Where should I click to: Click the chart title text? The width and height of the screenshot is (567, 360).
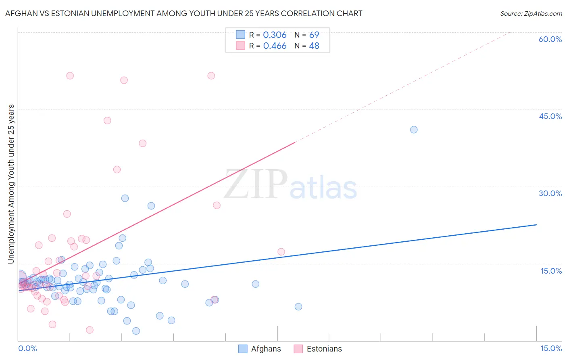[x=183, y=13]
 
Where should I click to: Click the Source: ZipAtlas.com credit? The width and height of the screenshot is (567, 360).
[x=531, y=13]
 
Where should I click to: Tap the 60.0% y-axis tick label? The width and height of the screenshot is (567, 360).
[x=550, y=39]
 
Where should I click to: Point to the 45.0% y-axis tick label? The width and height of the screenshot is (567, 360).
[x=550, y=116]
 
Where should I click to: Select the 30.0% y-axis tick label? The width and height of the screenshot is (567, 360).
[x=550, y=193]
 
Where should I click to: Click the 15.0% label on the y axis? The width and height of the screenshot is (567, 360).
[x=551, y=271]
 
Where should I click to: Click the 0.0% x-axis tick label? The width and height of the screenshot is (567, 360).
[x=27, y=348]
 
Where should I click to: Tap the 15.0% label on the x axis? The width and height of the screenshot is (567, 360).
[x=551, y=348]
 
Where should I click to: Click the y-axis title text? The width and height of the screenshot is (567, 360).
[x=11, y=184]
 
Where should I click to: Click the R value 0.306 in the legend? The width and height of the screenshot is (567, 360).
[x=275, y=35]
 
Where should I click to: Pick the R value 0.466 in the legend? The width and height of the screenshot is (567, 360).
[x=275, y=46]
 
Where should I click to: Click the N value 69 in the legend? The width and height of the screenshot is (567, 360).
[x=314, y=35]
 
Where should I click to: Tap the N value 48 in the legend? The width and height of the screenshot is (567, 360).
[x=314, y=46]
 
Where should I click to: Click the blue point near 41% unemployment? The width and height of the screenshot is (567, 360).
[x=414, y=130]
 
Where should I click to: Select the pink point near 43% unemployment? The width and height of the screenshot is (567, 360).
[x=107, y=120]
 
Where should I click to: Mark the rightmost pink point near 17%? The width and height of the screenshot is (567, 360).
[x=281, y=252]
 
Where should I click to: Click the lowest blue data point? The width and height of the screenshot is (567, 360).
[x=136, y=331]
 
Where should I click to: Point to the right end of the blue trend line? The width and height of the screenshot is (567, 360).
[x=536, y=224]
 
